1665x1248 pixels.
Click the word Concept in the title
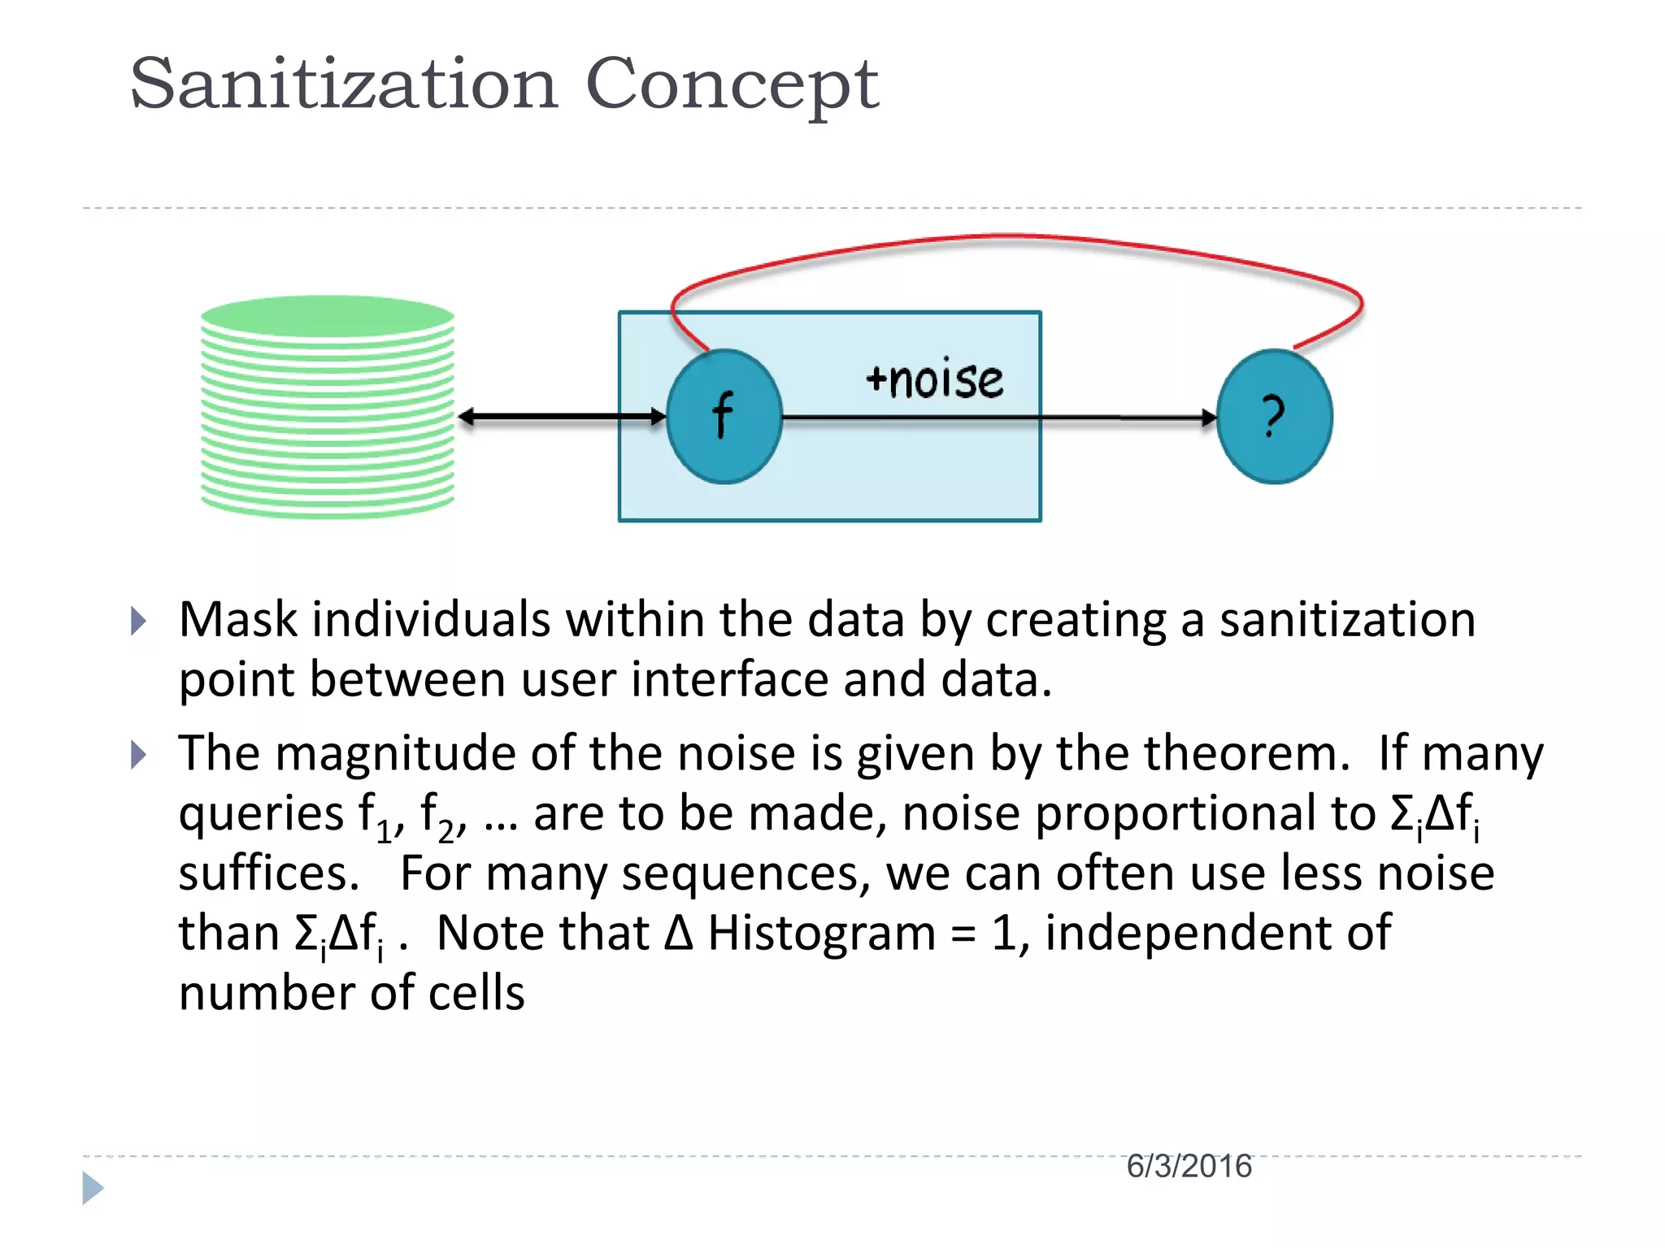pos(732,85)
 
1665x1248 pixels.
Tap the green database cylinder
pos(327,406)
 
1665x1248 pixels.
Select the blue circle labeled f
pos(724,416)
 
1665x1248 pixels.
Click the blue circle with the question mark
pos(1274,416)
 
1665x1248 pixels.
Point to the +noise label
pos(935,380)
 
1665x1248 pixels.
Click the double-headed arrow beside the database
pos(561,417)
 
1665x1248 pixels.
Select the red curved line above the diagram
pos(1016,238)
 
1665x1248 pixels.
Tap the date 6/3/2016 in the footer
pos(1189,1167)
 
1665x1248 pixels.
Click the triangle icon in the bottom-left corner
pos(93,1188)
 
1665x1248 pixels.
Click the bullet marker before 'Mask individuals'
pos(139,622)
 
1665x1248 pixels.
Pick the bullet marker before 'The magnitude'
pos(139,755)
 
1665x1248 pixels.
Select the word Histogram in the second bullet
pos(821,934)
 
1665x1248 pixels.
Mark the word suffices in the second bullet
pos(268,873)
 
